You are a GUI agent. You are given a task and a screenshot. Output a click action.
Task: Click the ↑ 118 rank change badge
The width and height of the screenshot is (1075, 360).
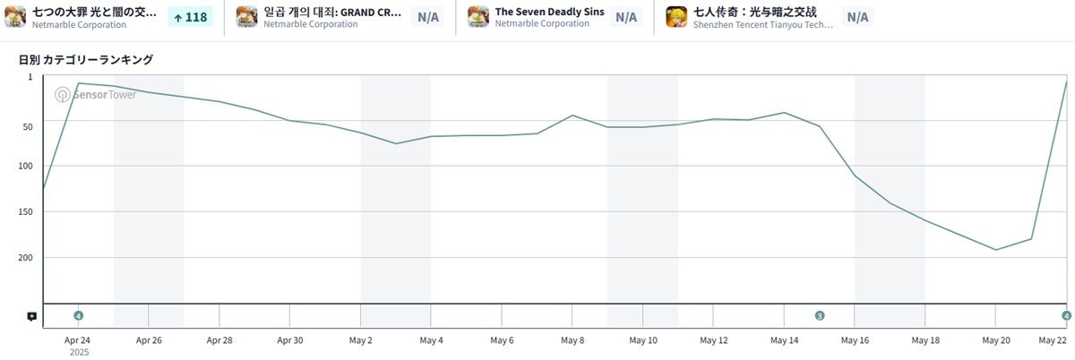(190, 17)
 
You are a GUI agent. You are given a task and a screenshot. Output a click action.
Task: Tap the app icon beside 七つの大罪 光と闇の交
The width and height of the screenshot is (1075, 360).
(15, 17)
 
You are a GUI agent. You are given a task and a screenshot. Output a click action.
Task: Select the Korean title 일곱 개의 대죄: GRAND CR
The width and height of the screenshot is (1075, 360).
(332, 12)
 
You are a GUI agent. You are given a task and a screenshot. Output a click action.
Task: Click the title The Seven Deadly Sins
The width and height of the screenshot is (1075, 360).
(549, 12)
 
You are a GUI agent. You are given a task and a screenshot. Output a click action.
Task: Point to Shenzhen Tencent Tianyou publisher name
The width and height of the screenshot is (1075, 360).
(763, 25)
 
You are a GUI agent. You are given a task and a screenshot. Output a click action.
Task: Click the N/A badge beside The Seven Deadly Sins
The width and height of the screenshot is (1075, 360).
(626, 17)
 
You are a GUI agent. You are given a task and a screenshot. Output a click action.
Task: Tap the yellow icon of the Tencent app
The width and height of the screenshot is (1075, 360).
(676, 17)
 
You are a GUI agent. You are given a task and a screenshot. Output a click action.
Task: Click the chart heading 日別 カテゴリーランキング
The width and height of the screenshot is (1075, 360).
(86, 60)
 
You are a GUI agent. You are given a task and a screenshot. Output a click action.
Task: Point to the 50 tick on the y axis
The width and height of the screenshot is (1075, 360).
(26, 126)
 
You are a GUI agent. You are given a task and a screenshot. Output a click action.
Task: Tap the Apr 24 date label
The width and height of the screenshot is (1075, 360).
(78, 340)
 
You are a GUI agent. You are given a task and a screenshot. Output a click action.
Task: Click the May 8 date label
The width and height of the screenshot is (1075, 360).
(572, 340)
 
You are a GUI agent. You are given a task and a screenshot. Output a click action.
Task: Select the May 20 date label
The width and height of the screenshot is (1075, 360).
(996, 340)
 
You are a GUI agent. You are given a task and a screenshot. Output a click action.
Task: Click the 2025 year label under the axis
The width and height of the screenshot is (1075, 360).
(78, 353)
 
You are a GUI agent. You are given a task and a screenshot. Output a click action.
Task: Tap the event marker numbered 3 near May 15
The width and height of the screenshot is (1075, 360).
(820, 315)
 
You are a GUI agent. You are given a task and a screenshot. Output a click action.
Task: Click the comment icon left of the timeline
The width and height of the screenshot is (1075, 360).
(31, 316)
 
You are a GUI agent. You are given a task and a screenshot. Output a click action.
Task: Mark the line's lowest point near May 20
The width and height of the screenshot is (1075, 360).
(996, 250)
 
